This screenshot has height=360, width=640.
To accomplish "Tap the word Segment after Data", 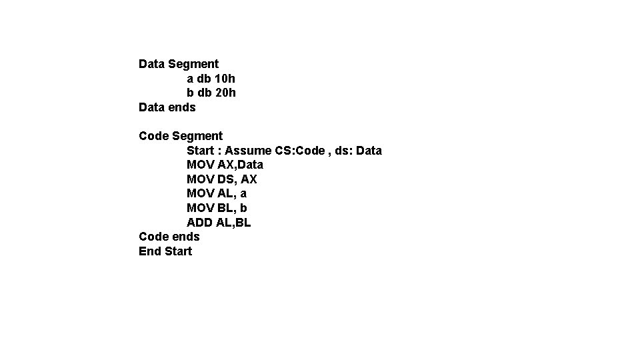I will pos(193,64).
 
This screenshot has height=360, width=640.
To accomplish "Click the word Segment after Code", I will pos(197,136).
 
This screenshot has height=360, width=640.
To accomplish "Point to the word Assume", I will pos(248,151).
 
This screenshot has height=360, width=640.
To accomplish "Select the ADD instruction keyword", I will pos(199,223).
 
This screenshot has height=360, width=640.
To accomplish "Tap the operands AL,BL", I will pos(233,223).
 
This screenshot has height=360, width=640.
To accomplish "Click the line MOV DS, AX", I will pos(221,179).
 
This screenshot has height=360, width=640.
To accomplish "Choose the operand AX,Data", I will pos(240,165).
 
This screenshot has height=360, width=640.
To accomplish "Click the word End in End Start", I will pos(149,251).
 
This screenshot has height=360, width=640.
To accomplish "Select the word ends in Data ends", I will pos(182,107).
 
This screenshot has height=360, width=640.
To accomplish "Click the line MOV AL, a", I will pos(217,193).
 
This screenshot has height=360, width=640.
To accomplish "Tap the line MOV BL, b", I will pos(217,208).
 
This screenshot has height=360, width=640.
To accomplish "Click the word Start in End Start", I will pos(178,251).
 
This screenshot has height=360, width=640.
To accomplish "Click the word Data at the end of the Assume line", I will pos(369,151).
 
